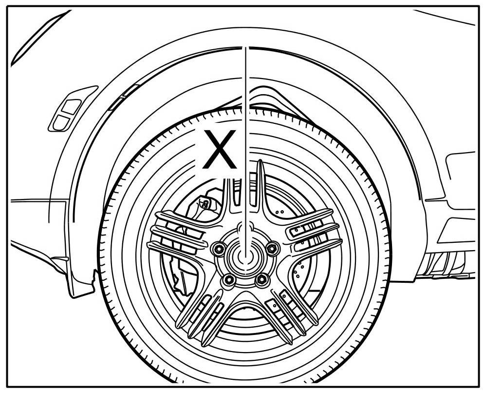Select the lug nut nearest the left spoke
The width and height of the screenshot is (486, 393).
(218, 249)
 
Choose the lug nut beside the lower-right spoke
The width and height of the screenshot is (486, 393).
(262, 279)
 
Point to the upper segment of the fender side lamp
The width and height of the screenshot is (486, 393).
(73, 105)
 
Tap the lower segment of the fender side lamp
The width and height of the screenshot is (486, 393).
(61, 122)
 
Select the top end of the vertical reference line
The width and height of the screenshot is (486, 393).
(246, 48)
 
